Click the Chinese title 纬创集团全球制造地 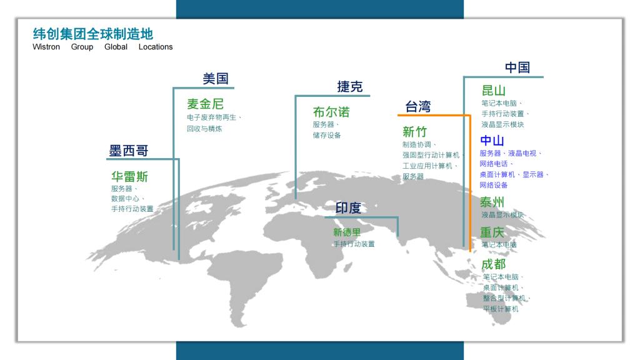(93, 34)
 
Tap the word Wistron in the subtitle (46, 47)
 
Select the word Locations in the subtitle (156, 47)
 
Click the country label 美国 (216, 78)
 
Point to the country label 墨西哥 (129, 151)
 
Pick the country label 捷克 (350, 86)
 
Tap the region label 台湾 (418, 106)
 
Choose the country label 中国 (517, 67)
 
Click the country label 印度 (348, 207)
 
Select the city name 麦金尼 (205, 104)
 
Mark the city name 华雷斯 (129, 176)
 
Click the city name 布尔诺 (331, 111)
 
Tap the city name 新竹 (415, 131)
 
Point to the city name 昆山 (494, 90)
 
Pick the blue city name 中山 (492, 141)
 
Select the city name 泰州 (492, 202)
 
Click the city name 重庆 (492, 232)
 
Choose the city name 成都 (494, 264)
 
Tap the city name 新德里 (347, 232)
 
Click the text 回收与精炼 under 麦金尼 (204, 129)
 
